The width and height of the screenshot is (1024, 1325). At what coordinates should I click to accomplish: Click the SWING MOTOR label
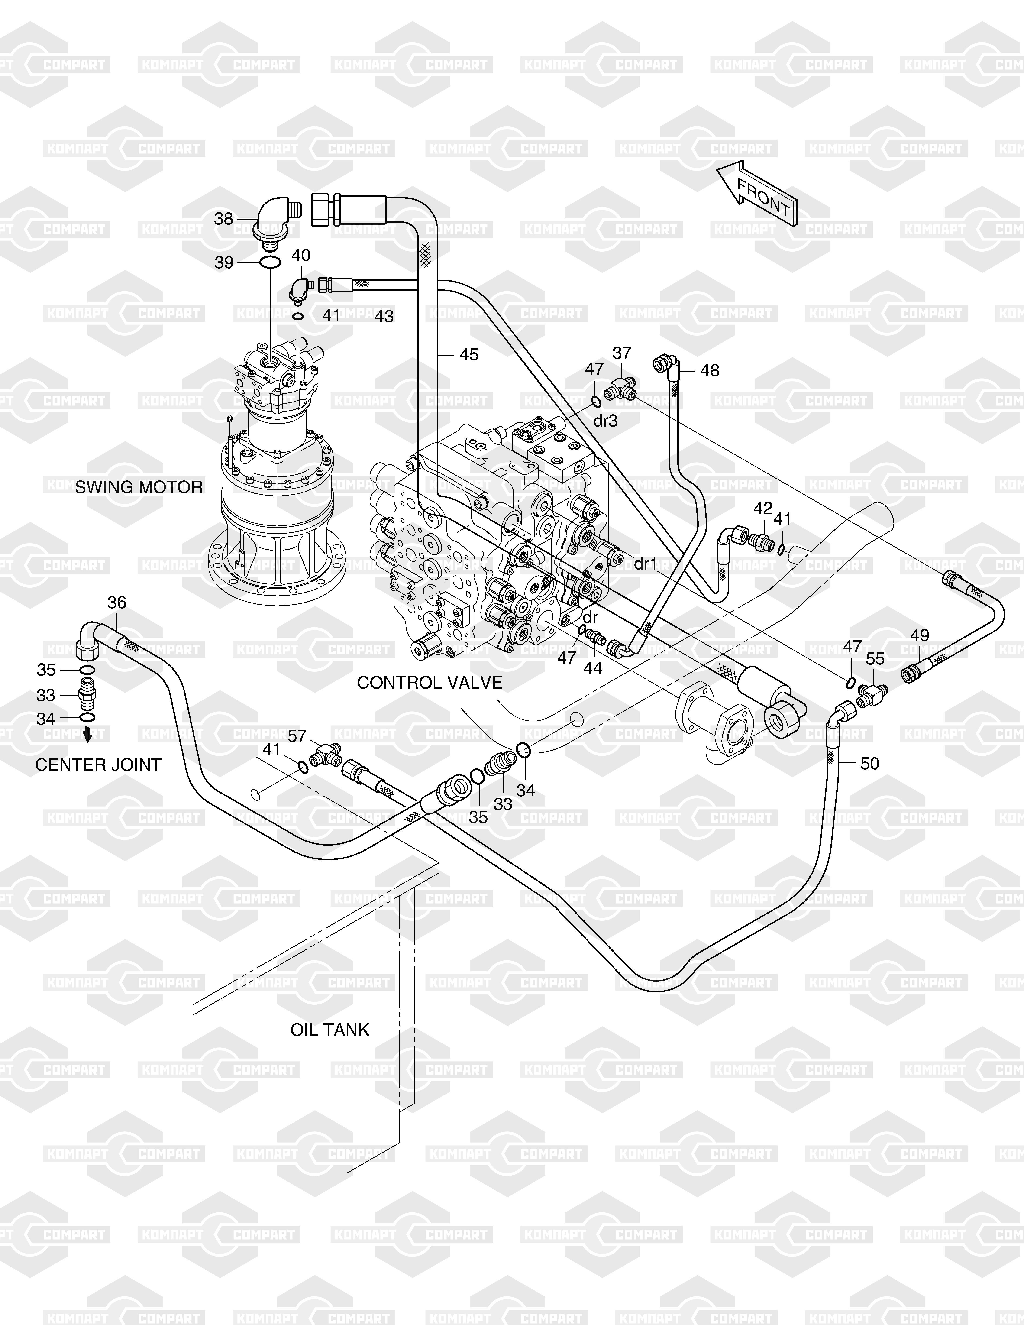pos(139,487)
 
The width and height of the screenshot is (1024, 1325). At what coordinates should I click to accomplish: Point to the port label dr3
pos(605,421)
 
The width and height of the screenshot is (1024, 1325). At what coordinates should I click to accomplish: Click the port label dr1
pos(645,564)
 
